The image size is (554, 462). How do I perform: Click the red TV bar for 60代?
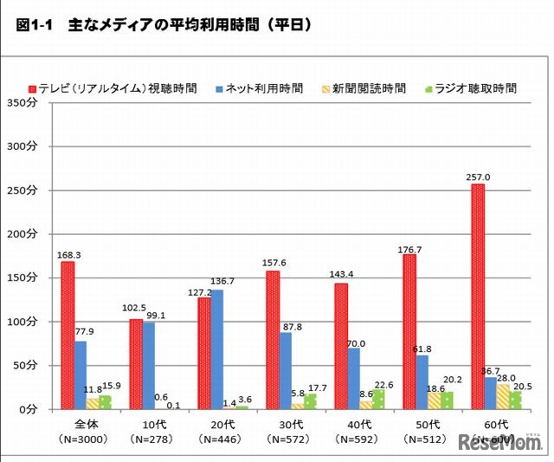coord(477,296)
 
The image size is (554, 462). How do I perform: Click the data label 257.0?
coord(477,176)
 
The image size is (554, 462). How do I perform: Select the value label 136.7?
coord(223,282)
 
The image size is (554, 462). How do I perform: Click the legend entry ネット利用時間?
coord(263,88)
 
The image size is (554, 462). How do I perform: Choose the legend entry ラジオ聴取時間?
coord(475,88)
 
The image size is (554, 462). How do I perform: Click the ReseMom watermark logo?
coord(507,442)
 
